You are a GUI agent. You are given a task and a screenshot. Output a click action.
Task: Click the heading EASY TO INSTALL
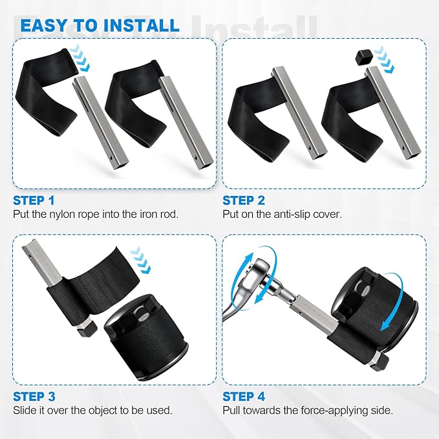[x=100, y=25]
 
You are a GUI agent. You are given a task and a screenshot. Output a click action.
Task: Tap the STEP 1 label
[x=34, y=200]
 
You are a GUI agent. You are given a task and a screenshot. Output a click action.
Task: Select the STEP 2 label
[x=244, y=200]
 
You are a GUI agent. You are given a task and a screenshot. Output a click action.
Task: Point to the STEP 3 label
[x=34, y=396]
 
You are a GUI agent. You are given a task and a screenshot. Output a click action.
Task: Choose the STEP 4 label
[x=244, y=396]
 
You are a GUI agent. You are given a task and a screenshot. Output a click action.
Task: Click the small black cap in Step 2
[x=363, y=57]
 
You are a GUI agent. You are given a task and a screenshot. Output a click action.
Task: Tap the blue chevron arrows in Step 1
[x=80, y=58]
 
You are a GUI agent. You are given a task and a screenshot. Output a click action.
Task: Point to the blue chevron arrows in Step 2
[x=383, y=60]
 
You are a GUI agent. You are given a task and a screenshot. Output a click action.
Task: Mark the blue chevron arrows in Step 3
[x=141, y=260]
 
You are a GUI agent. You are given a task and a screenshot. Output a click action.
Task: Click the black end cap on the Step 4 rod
[x=380, y=361]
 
